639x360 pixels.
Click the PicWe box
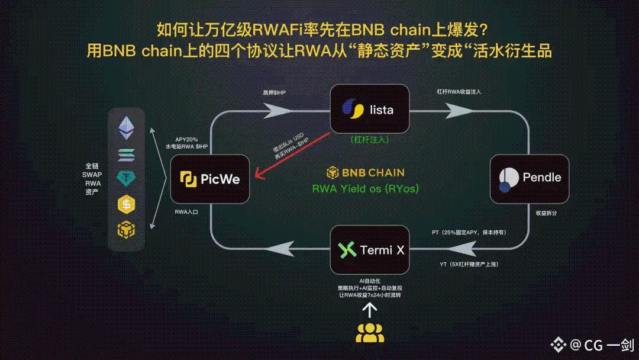click(x=210, y=179)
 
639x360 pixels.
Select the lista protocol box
click(x=370, y=109)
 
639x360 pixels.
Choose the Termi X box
click(x=370, y=250)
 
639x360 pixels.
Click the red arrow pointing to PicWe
click(x=293, y=155)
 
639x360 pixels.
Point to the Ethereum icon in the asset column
click(x=126, y=126)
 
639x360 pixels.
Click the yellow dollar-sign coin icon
click(x=126, y=204)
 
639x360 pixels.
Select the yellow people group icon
click(x=370, y=333)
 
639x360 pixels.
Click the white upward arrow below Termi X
click(x=370, y=310)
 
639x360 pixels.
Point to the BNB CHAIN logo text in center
click(x=366, y=173)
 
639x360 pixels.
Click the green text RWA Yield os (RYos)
click(x=366, y=189)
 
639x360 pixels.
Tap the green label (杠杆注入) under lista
click(x=370, y=141)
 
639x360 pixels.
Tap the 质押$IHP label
click(x=275, y=93)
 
